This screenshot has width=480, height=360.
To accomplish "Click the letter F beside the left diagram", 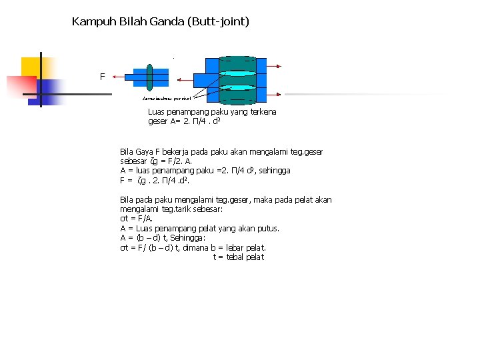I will pyautogui.click(x=102, y=77).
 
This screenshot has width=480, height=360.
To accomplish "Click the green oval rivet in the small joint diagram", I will pyautogui.click(x=150, y=76).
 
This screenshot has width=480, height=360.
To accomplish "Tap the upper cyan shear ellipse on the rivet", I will pyautogui.click(x=238, y=73).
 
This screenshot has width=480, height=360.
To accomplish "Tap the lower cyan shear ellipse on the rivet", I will pyautogui.click(x=238, y=87).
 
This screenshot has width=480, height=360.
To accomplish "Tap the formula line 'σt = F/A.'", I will pyautogui.click(x=136, y=219).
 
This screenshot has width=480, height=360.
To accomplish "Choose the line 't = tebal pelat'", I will pyautogui.click(x=239, y=257).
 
